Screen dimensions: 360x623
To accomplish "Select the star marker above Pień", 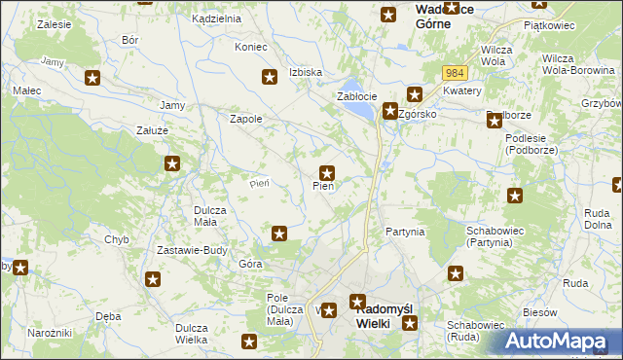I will (x=328, y=172).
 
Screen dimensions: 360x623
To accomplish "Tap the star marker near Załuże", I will (x=172, y=164).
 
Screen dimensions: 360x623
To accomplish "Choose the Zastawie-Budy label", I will (x=192, y=250).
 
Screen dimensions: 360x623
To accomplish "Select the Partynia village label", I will (x=405, y=232).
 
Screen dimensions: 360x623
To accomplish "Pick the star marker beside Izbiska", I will (x=270, y=77).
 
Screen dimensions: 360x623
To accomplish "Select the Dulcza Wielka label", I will (x=197, y=334).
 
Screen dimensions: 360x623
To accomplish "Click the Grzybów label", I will (x=602, y=102).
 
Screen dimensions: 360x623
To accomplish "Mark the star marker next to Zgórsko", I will (x=390, y=111).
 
